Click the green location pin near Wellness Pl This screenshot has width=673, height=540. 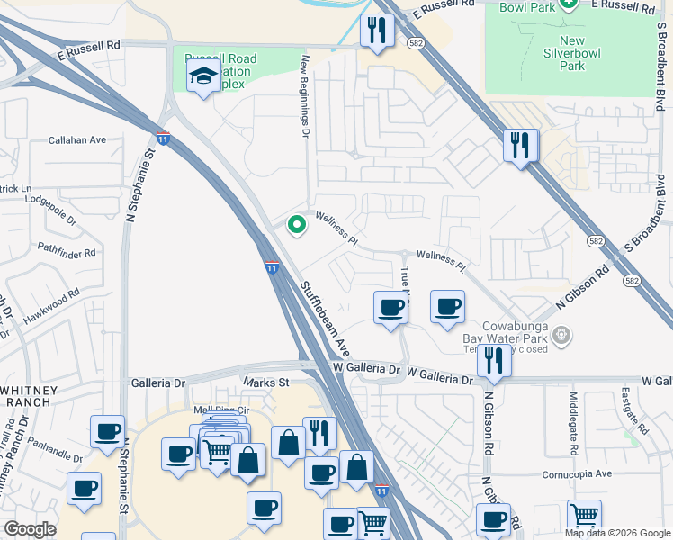pos(294,225)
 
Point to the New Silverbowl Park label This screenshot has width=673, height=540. pos(572,53)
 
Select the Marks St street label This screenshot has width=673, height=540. pos(265,382)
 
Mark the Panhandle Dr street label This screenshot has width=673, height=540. pos(55,444)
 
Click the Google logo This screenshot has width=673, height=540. pos(30,528)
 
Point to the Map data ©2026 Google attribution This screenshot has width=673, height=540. pos(617,533)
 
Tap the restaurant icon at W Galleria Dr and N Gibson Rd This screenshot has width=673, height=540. pos(492,360)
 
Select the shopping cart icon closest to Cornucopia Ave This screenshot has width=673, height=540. pos(585,516)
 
